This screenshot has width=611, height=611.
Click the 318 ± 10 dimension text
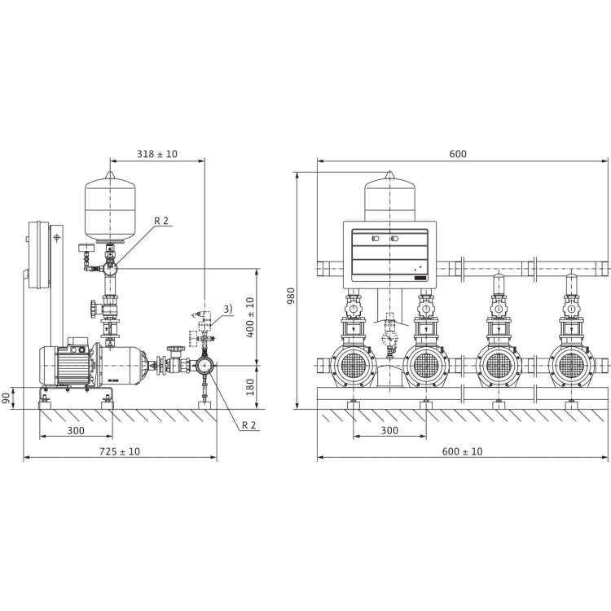pyautogui.click(x=155, y=153)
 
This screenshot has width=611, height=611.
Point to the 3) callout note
pyautogui.click(x=229, y=307)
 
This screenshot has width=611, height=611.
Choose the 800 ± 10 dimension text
pyautogui.click(x=463, y=451)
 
